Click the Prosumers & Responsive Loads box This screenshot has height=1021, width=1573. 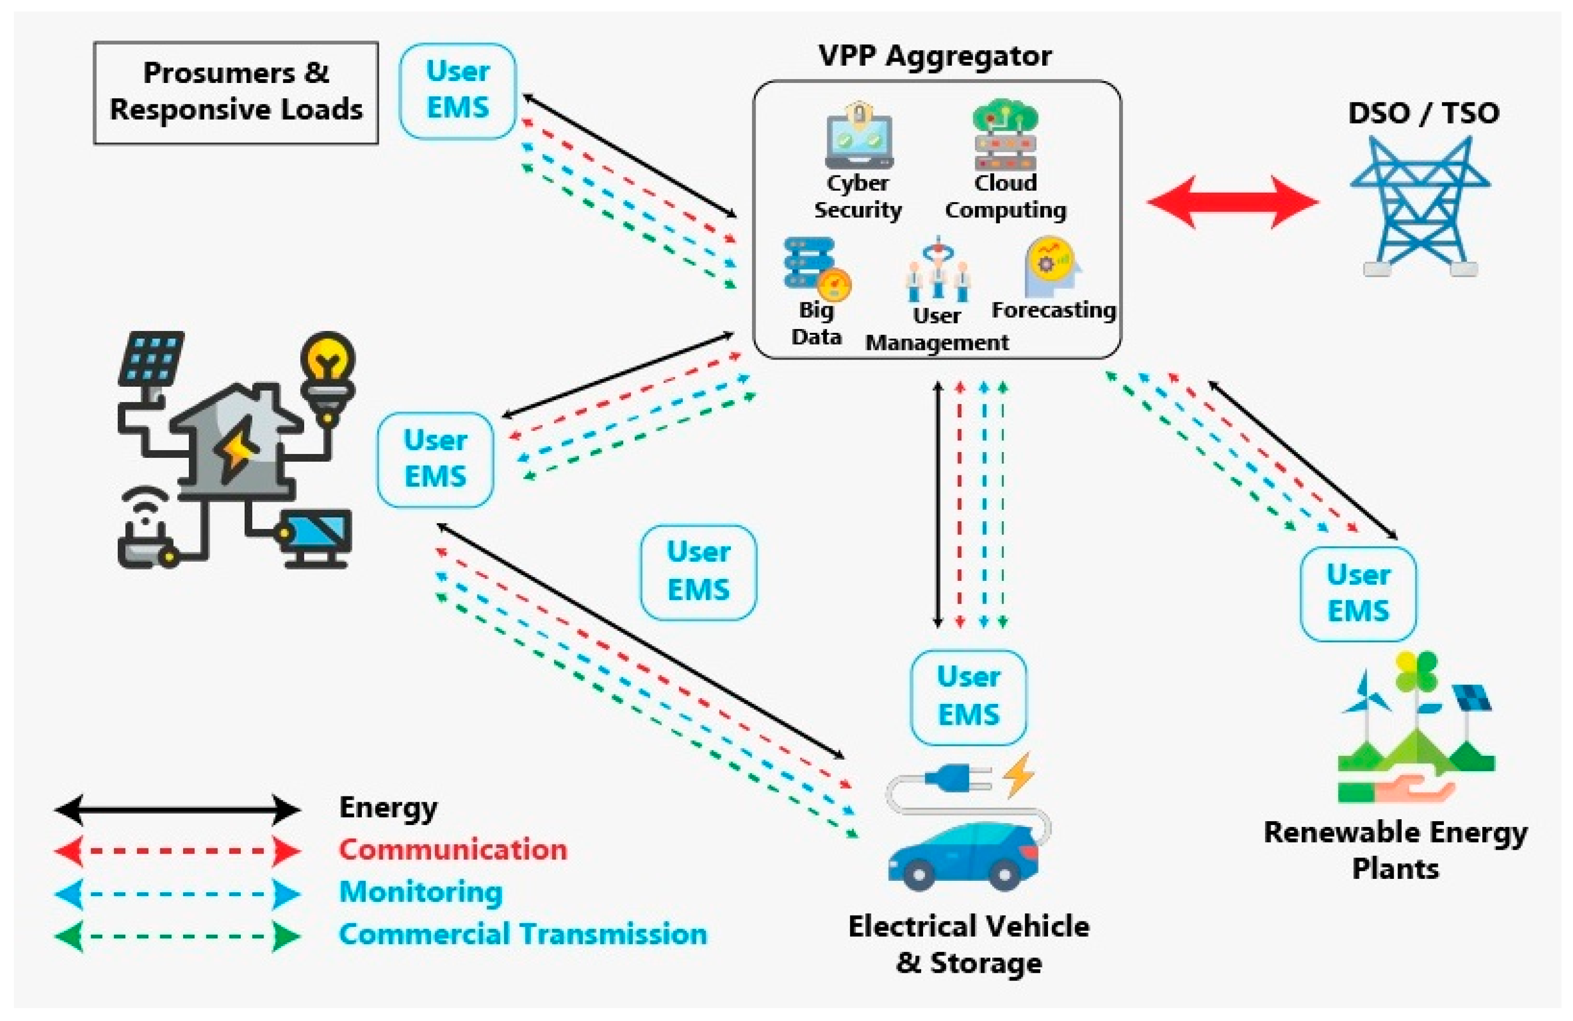click(236, 93)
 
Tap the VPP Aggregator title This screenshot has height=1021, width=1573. click(935, 56)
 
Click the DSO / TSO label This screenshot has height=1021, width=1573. click(1423, 113)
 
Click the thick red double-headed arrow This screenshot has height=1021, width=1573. click(1232, 202)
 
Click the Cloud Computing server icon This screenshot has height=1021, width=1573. click(1005, 135)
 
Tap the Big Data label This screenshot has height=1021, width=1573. click(816, 323)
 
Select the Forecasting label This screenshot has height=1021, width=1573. click(1053, 310)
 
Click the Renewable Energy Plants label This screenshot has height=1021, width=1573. click(1395, 850)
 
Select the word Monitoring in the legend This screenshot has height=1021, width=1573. click(421, 892)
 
